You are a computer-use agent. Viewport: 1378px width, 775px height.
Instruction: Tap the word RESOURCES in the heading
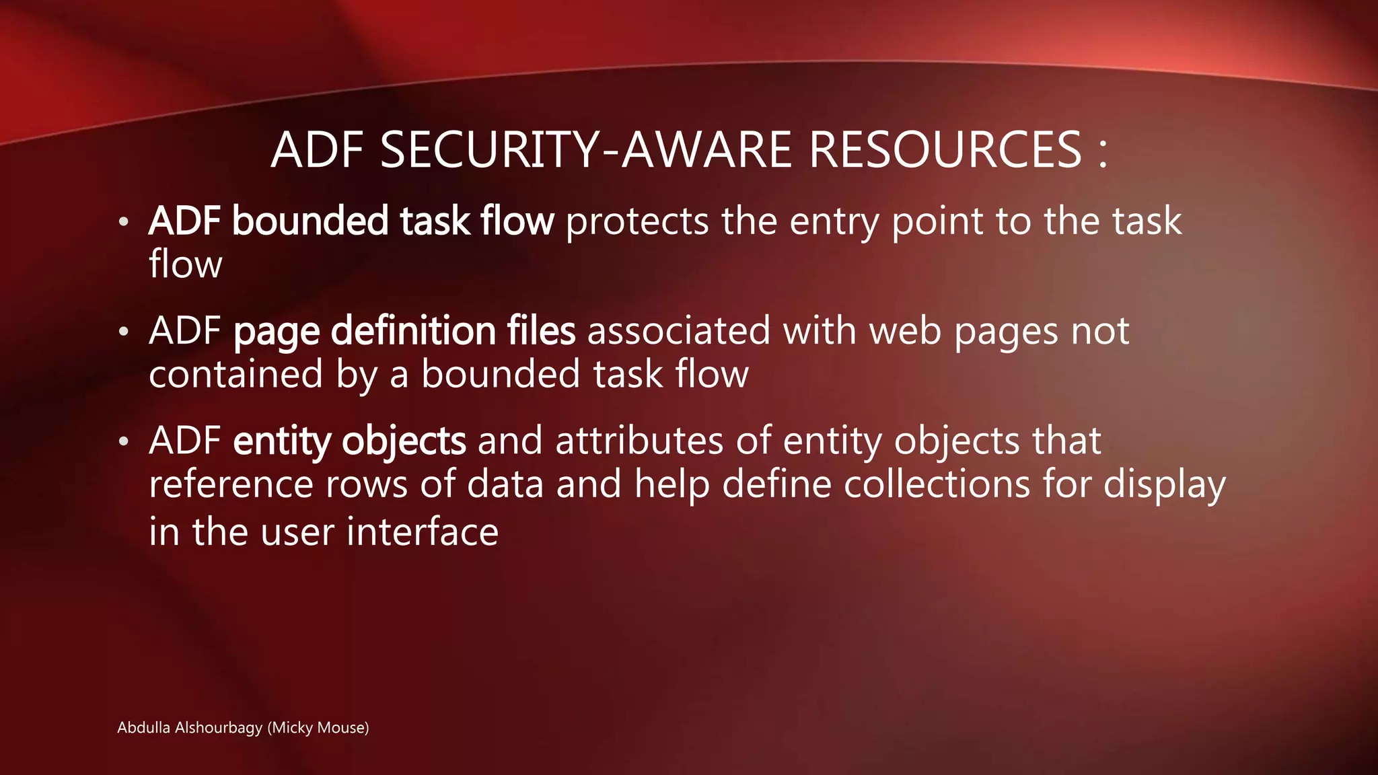pyautogui.click(x=945, y=149)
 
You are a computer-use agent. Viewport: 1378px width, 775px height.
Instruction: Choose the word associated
pyautogui.click(x=679, y=331)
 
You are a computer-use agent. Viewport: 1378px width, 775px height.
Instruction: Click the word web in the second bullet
pyautogui.click(x=905, y=331)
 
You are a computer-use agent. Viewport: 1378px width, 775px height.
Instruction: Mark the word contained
pyautogui.click(x=235, y=374)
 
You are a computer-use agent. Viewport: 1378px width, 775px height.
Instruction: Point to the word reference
pyautogui.click(x=231, y=484)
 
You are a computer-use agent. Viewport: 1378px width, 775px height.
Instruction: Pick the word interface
pyautogui.click(x=423, y=532)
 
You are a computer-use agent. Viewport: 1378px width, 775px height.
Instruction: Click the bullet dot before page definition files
pyautogui.click(x=123, y=332)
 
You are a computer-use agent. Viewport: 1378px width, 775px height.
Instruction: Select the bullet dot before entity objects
pyautogui.click(x=123, y=443)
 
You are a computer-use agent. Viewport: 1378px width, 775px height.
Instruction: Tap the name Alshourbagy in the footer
pyautogui.click(x=218, y=728)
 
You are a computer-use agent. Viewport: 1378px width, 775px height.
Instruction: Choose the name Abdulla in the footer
pyautogui.click(x=143, y=728)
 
